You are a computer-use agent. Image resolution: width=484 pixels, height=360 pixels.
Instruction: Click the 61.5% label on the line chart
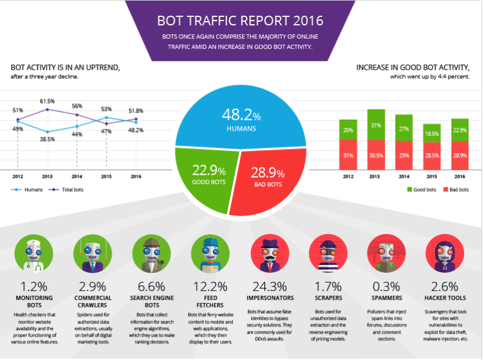47,101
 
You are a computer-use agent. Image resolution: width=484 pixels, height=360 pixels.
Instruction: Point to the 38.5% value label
47,139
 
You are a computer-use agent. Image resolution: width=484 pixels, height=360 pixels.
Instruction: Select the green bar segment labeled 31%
376,125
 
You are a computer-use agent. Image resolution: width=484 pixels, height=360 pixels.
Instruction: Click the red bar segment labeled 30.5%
376,155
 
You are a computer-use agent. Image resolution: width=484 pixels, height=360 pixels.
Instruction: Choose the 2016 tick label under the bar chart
460,178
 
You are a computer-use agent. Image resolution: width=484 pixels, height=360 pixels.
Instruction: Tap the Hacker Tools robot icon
443,252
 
